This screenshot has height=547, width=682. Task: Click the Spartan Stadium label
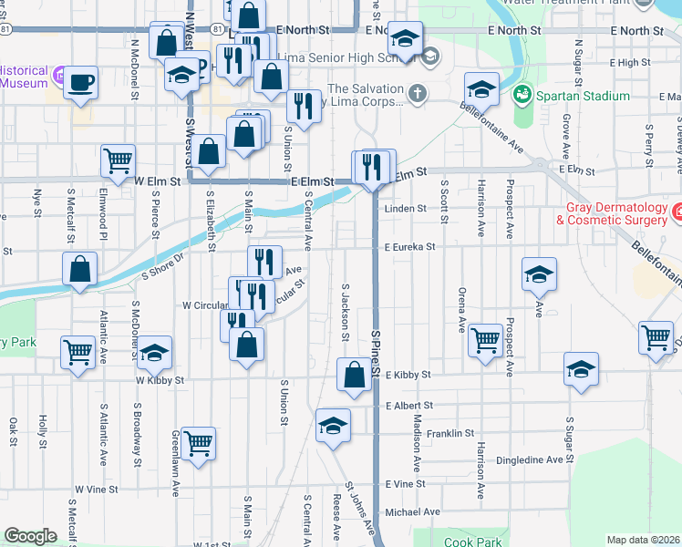tap(584, 96)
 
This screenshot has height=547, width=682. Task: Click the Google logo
tap(30, 536)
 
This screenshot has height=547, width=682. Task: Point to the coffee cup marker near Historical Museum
tap(81, 82)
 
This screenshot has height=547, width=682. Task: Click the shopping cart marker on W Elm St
tap(119, 160)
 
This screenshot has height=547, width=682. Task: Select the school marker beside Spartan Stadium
tap(480, 88)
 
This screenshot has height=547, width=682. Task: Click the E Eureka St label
tap(410, 246)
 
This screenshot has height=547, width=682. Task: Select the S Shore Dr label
tap(162, 265)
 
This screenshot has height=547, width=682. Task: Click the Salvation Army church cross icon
tap(417, 92)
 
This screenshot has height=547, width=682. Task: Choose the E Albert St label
tap(408, 405)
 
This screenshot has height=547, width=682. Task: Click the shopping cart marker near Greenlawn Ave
tap(198, 443)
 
